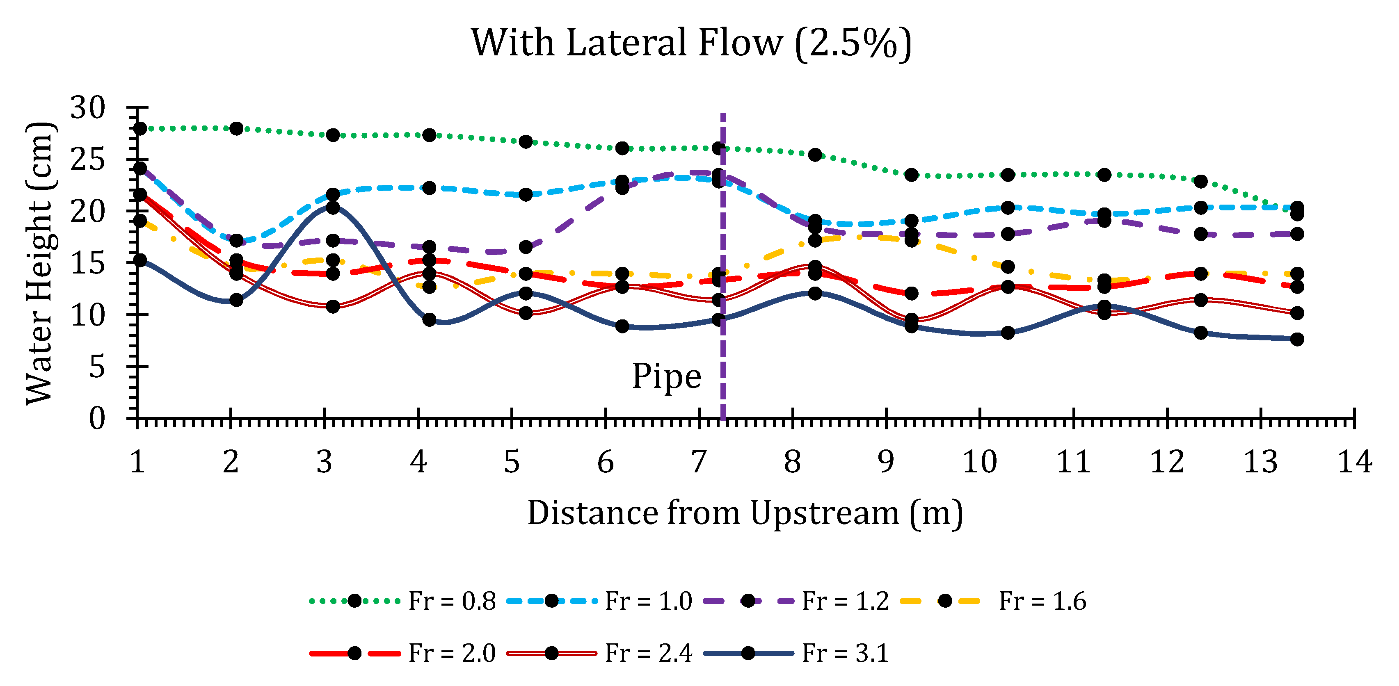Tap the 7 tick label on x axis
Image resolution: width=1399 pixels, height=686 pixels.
698,463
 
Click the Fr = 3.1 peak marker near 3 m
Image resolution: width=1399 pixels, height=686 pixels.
333,207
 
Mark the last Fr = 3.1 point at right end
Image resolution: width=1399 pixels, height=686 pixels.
1297,339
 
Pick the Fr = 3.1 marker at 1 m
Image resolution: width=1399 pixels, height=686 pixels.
139,260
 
